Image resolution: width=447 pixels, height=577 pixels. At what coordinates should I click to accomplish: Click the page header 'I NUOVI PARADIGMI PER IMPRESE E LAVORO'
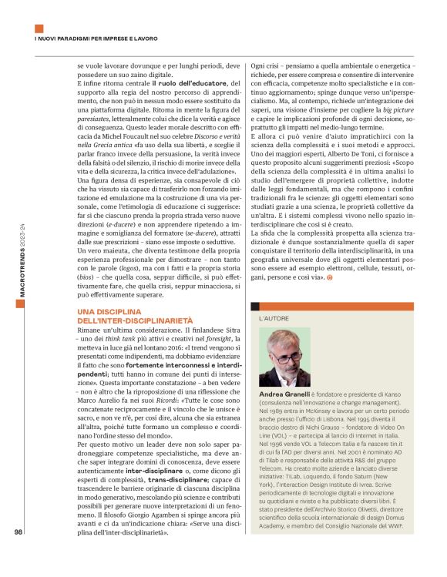click(x=96, y=38)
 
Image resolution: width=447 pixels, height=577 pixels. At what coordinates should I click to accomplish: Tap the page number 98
click(x=18, y=552)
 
